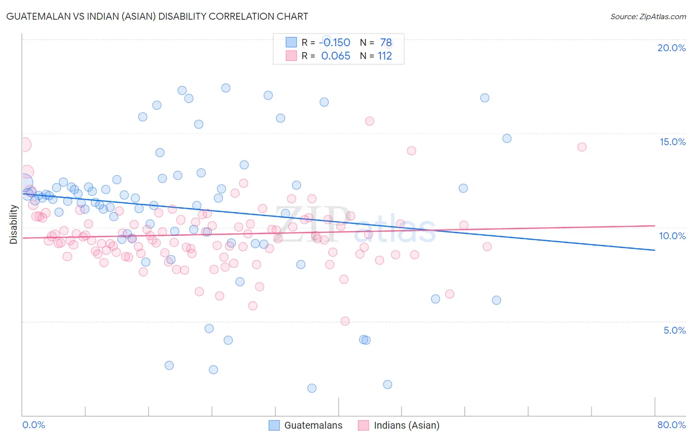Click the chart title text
[157, 16]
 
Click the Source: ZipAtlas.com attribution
[648, 16]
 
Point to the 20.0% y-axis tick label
[671, 48]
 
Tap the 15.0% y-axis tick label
[672, 142]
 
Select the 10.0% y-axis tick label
[672, 236]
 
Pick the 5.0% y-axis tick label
[674, 330]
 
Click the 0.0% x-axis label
[33, 425]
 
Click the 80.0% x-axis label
[671, 425]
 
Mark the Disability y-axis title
[14, 224]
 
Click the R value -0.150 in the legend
[335, 43]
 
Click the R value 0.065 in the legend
[336, 56]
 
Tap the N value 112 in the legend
[385, 56]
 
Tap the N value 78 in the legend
[386, 43]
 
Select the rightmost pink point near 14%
[582, 147]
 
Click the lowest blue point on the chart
[312, 388]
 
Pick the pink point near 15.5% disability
[370, 121]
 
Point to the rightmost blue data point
[507, 138]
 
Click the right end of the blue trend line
[655, 251]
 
